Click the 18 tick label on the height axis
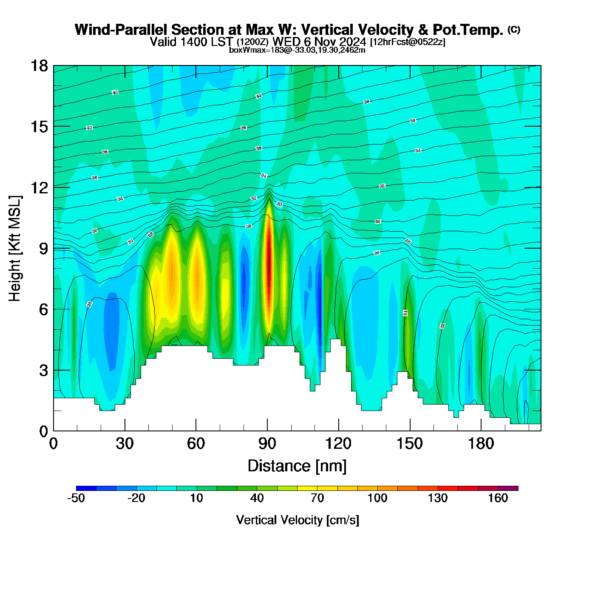click(x=39, y=66)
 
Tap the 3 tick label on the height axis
click(x=44, y=371)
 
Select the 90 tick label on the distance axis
click(x=267, y=444)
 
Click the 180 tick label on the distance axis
click(x=481, y=444)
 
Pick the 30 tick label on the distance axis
click(x=125, y=444)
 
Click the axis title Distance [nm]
click(x=297, y=466)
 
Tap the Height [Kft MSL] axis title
click(x=15, y=249)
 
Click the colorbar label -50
click(x=76, y=498)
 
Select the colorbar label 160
click(x=498, y=498)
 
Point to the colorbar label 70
click(x=317, y=498)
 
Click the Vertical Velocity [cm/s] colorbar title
click(x=297, y=520)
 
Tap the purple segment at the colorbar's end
click(x=508, y=488)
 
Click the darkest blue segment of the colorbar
click(x=86, y=488)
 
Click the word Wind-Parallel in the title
click(x=122, y=30)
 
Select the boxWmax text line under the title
click(x=297, y=50)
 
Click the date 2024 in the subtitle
click(x=352, y=42)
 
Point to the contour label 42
click(x=115, y=92)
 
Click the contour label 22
click(x=442, y=326)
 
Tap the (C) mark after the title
click(x=514, y=29)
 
